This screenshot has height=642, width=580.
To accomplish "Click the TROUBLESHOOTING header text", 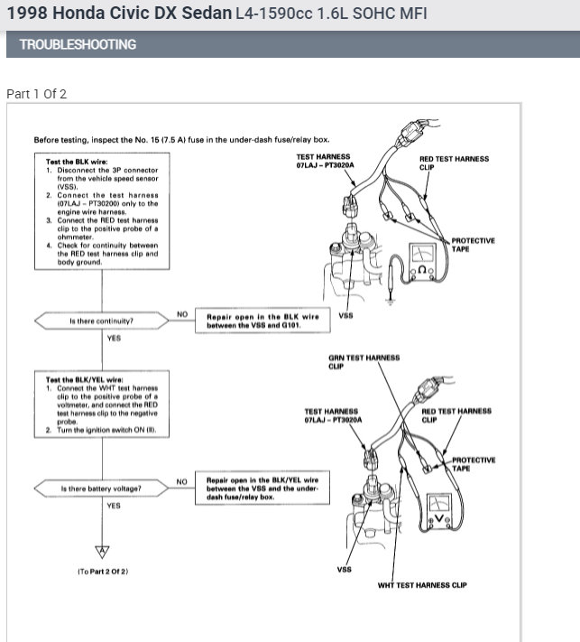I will pyautogui.click(x=78, y=44).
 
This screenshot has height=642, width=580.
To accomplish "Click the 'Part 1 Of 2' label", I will pyautogui.click(x=36, y=94).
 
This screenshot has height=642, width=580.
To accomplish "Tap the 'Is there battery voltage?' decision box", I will pyautogui.click(x=101, y=488).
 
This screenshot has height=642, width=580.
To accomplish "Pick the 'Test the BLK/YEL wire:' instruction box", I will pyautogui.click(x=100, y=405).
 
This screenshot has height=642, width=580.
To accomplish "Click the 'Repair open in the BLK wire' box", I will pyautogui.click(x=260, y=321).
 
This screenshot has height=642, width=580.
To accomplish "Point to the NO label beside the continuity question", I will pyautogui.click(x=181, y=314).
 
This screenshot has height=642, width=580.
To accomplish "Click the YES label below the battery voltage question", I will pyautogui.click(x=114, y=506).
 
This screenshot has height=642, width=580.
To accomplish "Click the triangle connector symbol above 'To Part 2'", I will pyautogui.click(x=102, y=550).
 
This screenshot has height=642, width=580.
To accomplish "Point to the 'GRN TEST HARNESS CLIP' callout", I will pyautogui.click(x=364, y=362).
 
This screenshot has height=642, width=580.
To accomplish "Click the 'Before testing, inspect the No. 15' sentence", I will pyautogui.click(x=181, y=140).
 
